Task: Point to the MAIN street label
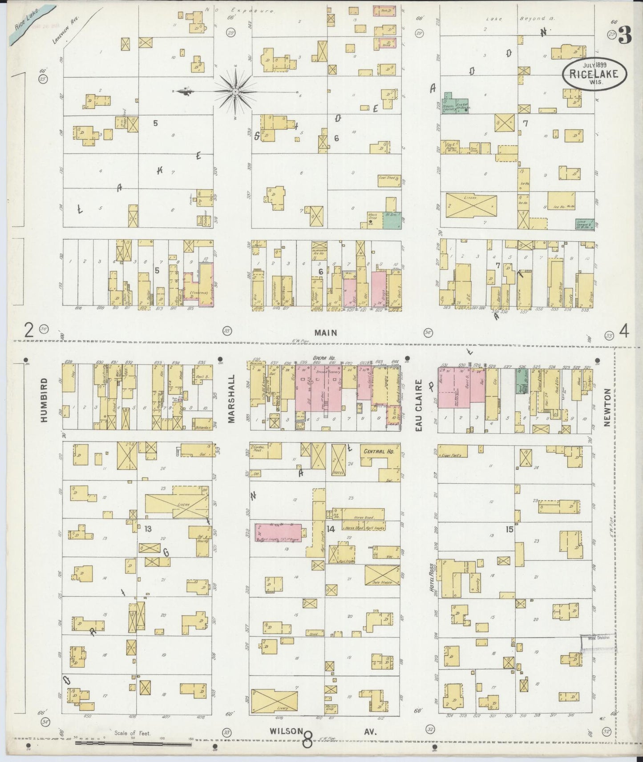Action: click(x=327, y=333)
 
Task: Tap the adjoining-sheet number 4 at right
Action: click(x=624, y=331)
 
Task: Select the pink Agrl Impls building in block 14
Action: click(x=278, y=532)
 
